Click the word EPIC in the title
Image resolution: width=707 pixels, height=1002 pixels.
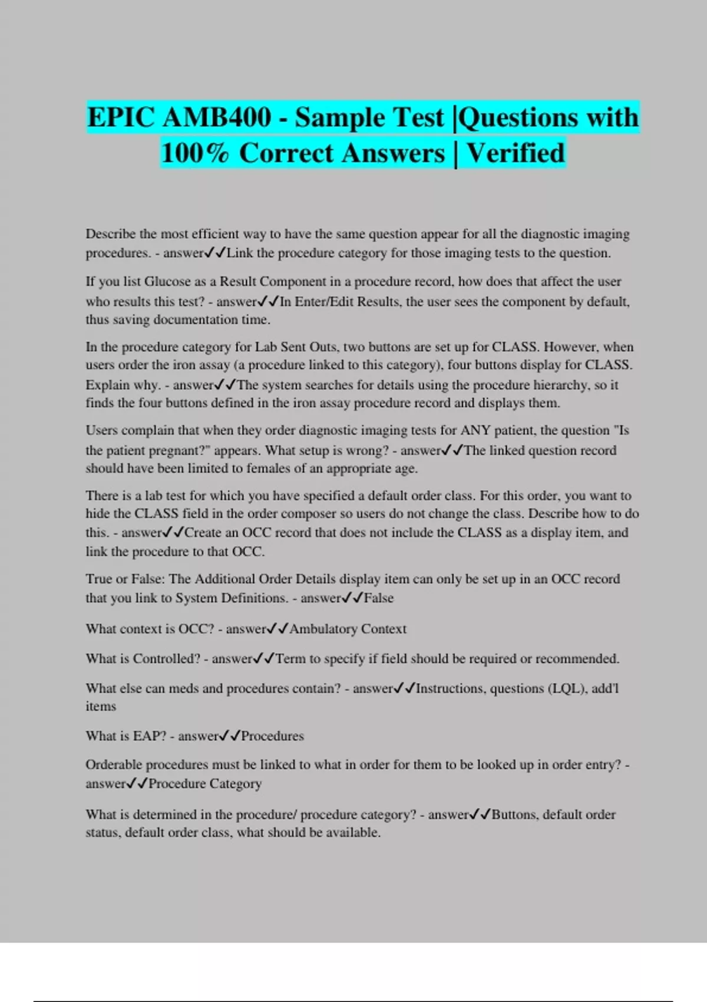(x=120, y=117)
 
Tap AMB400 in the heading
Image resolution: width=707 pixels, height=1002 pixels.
(x=217, y=117)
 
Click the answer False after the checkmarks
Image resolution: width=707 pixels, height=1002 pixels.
(x=378, y=598)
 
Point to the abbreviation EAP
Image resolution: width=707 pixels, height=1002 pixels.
(x=150, y=736)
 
